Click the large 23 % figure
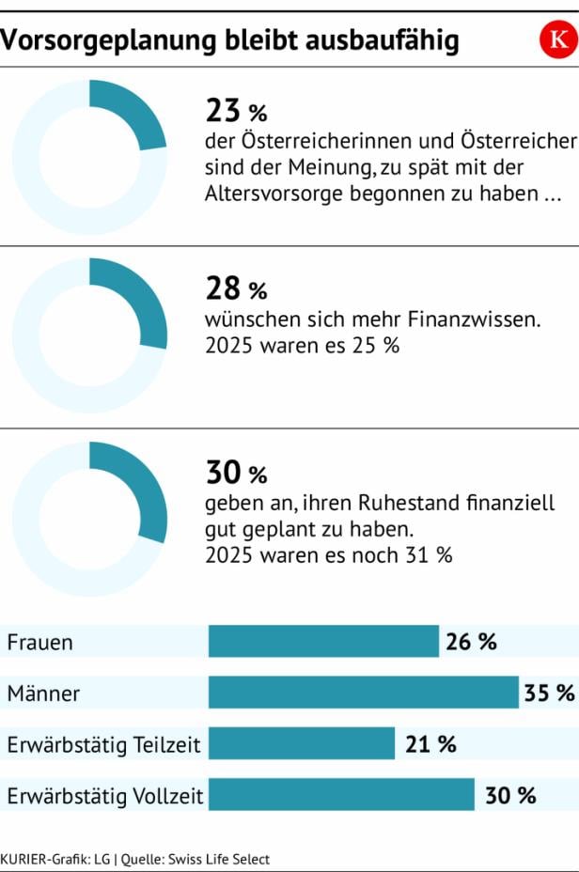236,112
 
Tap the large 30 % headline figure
236,472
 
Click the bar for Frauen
323,643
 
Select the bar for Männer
363,693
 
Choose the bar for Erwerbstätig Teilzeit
301,744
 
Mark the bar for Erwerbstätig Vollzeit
341,795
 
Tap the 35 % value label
549,693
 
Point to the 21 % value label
430,744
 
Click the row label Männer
43,694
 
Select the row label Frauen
39,644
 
